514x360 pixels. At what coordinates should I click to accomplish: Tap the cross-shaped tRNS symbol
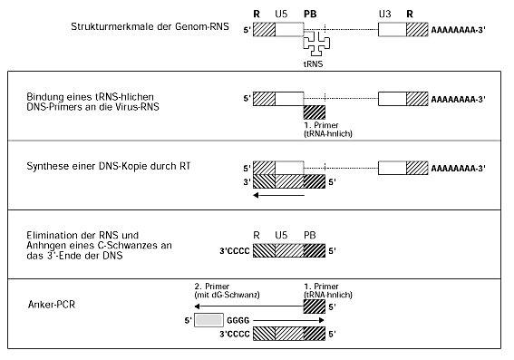pos(316,44)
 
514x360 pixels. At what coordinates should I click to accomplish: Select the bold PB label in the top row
pos(311,14)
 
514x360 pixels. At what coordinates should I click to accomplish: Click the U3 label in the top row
pos(384,14)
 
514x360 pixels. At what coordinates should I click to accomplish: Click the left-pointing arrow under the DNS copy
pos(280,194)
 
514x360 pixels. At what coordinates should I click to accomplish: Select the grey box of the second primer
pos(209,320)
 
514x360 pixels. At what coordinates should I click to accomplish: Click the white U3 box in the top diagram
pos(392,29)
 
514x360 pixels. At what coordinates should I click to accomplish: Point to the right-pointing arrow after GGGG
pos(290,320)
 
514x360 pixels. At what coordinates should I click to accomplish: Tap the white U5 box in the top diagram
pos(288,29)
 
